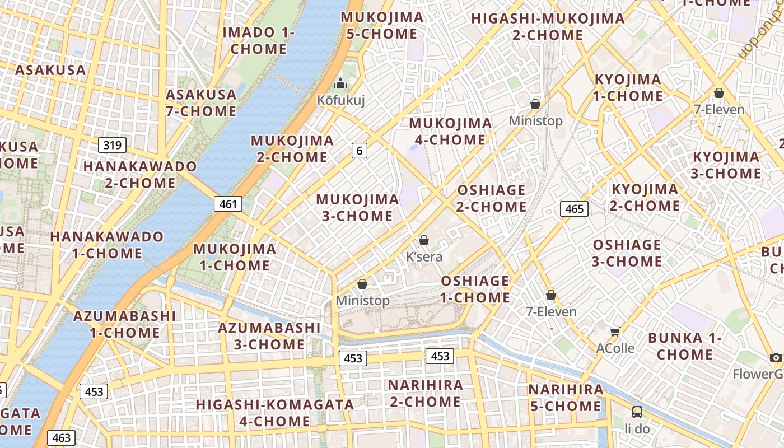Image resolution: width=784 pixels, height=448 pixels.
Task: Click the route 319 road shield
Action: pyautogui.click(x=112, y=146)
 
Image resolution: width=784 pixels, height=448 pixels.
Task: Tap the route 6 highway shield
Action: pyautogui.click(x=360, y=150)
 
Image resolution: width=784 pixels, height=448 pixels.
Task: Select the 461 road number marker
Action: pyautogui.click(x=228, y=204)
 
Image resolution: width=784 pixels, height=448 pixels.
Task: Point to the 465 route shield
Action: pyautogui.click(x=574, y=209)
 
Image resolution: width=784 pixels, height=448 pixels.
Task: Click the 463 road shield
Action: pyautogui.click(x=61, y=437)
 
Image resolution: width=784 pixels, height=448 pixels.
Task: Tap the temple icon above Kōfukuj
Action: pyautogui.click(x=340, y=84)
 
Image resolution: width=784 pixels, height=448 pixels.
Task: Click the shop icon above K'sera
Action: pyautogui.click(x=424, y=240)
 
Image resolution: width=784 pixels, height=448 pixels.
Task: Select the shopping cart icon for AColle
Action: pyautogui.click(x=615, y=332)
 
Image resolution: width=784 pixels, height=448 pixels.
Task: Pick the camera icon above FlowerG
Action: pyautogui.click(x=776, y=357)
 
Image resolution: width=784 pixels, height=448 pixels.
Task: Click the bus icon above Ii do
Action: pyautogui.click(x=637, y=412)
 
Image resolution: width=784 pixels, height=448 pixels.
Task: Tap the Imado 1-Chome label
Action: pyautogui.click(x=259, y=40)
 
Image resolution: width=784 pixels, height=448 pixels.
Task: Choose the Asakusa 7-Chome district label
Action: pyautogui.click(x=201, y=102)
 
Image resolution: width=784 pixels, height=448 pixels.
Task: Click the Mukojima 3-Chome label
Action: pyautogui.click(x=357, y=207)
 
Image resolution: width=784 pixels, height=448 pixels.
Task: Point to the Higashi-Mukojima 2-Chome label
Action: pyautogui.click(x=548, y=26)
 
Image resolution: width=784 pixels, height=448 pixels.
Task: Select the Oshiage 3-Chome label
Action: pyautogui.click(x=627, y=253)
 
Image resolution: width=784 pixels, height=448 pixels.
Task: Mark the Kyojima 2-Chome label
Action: pyautogui.click(x=645, y=197)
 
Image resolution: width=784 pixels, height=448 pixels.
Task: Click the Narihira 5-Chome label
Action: pyautogui.click(x=566, y=398)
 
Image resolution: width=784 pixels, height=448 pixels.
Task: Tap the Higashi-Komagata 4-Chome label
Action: pyautogui.click(x=274, y=412)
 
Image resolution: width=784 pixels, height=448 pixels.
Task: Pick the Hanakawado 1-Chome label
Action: pyautogui.click(x=107, y=245)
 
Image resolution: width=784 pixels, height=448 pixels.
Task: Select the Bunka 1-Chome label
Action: pyautogui.click(x=685, y=346)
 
